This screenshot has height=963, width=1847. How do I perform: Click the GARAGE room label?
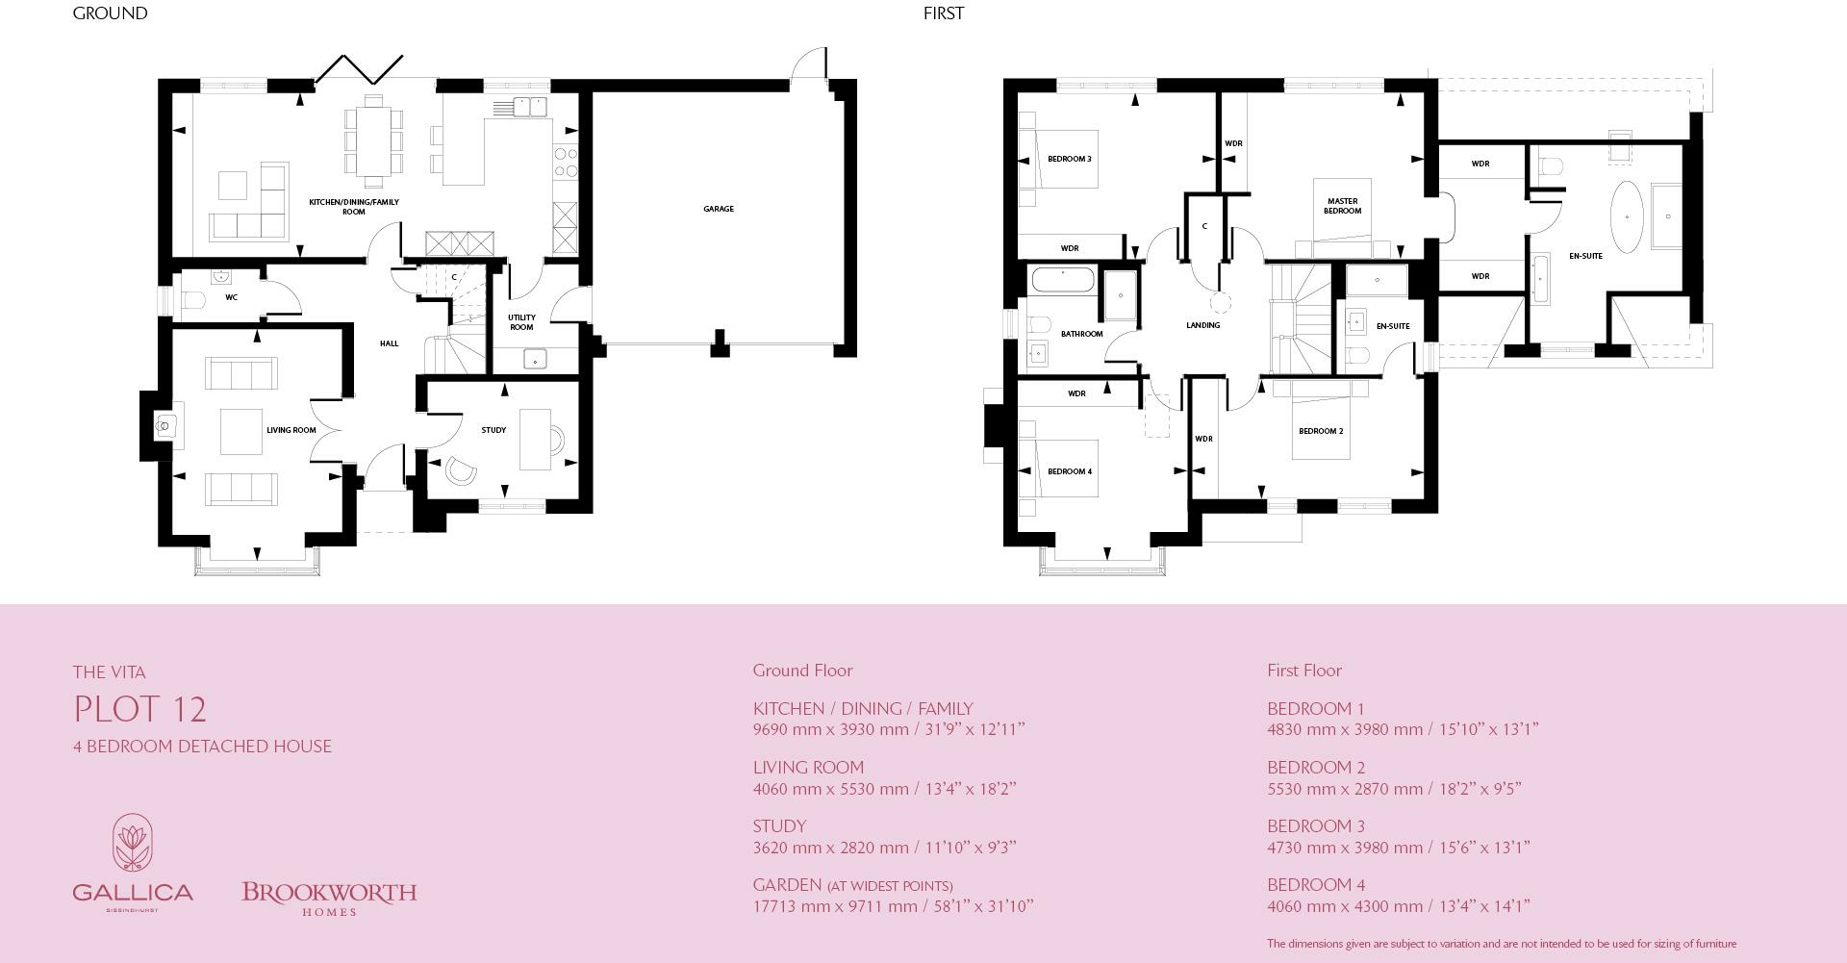(718, 209)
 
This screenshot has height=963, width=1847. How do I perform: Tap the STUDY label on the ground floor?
(493, 430)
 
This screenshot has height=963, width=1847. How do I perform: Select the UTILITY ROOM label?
(521, 322)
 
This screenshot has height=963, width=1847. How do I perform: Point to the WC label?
(231, 297)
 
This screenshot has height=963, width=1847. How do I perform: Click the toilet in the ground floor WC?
(193, 300)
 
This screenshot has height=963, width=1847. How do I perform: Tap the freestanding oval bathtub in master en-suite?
(1626, 216)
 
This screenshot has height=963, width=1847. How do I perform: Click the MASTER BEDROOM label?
(1342, 206)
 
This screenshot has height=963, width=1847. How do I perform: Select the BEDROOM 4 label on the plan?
(1069, 471)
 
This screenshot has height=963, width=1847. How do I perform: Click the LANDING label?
(1202, 325)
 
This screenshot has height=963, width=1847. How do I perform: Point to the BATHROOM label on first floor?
(1081, 334)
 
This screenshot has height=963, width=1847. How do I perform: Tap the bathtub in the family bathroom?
(1063, 280)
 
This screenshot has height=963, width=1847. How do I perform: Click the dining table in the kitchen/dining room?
(374, 140)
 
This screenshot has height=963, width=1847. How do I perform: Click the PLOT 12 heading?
(140, 710)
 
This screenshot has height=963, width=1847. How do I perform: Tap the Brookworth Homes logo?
(329, 898)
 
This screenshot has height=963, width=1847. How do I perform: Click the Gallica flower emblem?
(133, 845)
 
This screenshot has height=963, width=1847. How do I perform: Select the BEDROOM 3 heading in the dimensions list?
(1315, 826)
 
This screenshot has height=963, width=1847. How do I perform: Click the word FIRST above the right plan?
(943, 13)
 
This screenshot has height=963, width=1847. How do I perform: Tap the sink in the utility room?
(535, 360)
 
